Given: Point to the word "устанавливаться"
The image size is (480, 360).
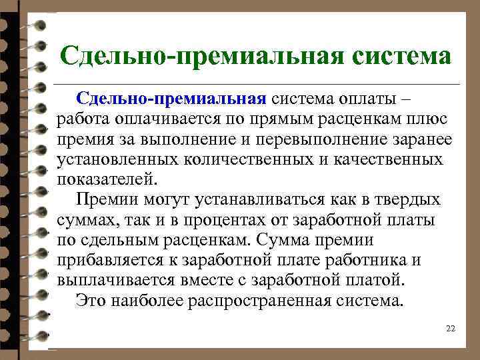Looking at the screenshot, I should (x=249, y=200).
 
